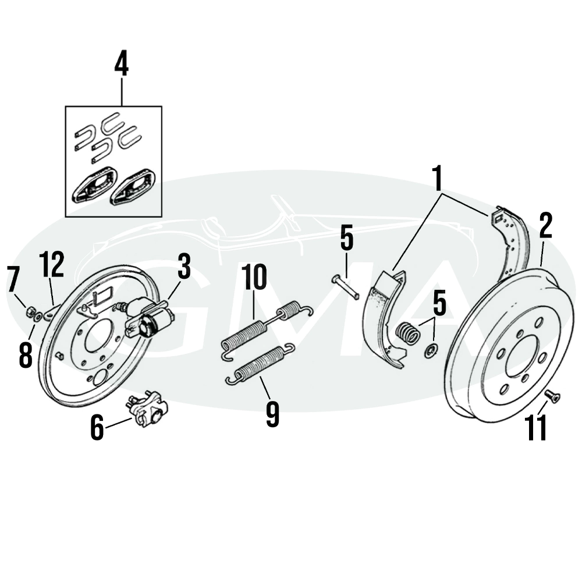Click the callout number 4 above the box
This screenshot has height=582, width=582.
tap(121, 64)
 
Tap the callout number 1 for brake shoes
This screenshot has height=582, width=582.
tap(440, 179)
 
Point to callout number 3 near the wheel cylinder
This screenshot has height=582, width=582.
tap(184, 268)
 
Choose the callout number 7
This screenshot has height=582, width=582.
tap(13, 280)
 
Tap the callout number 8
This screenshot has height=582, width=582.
tap(25, 354)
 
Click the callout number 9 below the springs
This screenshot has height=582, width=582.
tap(272, 414)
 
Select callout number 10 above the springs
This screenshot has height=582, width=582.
tap(254, 278)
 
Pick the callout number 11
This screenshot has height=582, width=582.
tap(536, 428)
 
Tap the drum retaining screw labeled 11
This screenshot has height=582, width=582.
tap(553, 397)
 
